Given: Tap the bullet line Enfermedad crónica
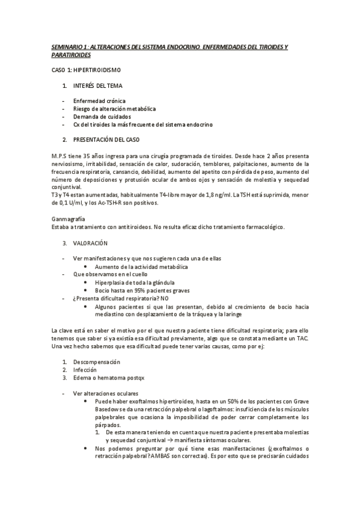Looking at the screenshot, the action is tap(99, 100).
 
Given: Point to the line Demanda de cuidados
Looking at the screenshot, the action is tap(103, 117).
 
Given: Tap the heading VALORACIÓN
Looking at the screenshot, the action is tap(90, 243).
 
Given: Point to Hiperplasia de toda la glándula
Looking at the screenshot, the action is tap(135, 282).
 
